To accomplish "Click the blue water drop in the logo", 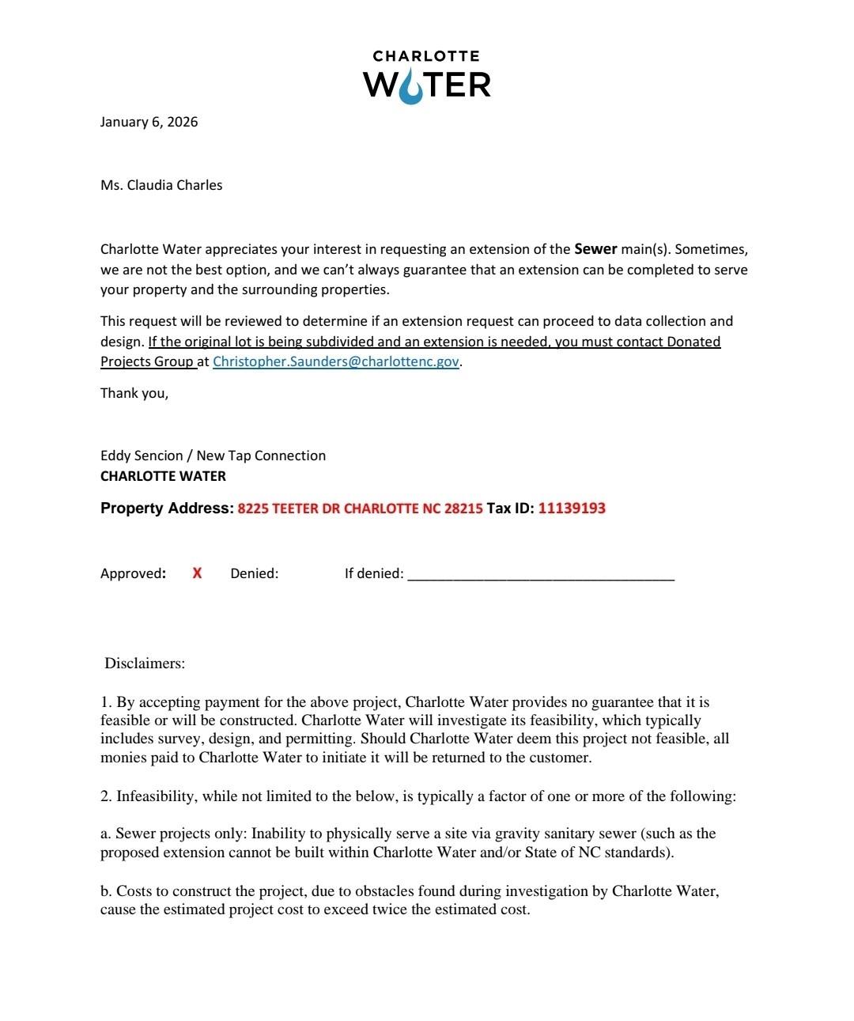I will pyautogui.click(x=410, y=86).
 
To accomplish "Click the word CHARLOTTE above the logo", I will pyautogui.click(x=426, y=56).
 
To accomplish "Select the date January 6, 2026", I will pyautogui.click(x=149, y=122).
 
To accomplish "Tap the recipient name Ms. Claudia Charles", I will pyautogui.click(x=161, y=185).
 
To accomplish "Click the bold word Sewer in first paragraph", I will pyautogui.click(x=595, y=249).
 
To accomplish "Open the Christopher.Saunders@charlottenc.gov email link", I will pyautogui.click(x=336, y=361).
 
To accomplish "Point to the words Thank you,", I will pyautogui.click(x=134, y=393).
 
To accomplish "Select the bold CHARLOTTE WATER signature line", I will pyautogui.click(x=163, y=476).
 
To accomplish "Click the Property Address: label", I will pyautogui.click(x=167, y=509).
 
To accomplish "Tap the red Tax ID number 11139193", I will pyautogui.click(x=572, y=509).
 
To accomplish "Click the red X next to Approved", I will pyautogui.click(x=197, y=573).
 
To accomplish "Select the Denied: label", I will pyautogui.click(x=254, y=573).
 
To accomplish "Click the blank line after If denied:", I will pyautogui.click(x=540, y=577).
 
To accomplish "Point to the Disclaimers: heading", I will pyautogui.click(x=145, y=664).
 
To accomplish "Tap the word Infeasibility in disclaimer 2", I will pyautogui.click(x=155, y=796).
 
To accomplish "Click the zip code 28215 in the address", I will pyautogui.click(x=463, y=509).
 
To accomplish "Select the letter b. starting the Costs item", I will pyautogui.click(x=106, y=891).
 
